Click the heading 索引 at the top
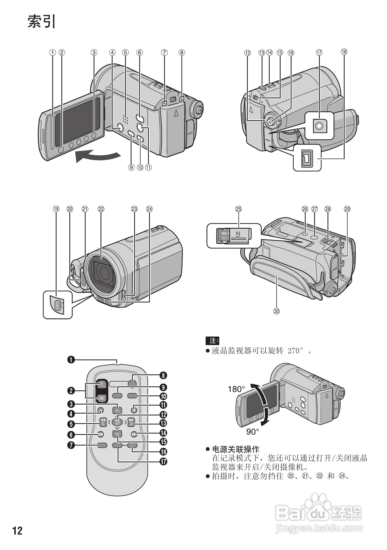tap(42, 21)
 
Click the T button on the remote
tap(102, 384)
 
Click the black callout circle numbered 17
tap(163, 462)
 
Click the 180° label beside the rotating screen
tap(236, 389)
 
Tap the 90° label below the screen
tap(253, 431)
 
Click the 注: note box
tap(212, 341)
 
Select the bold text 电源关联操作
tap(236, 449)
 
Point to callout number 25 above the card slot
tap(238, 209)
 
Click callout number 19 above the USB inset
tap(56, 209)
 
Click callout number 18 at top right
tap(344, 52)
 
